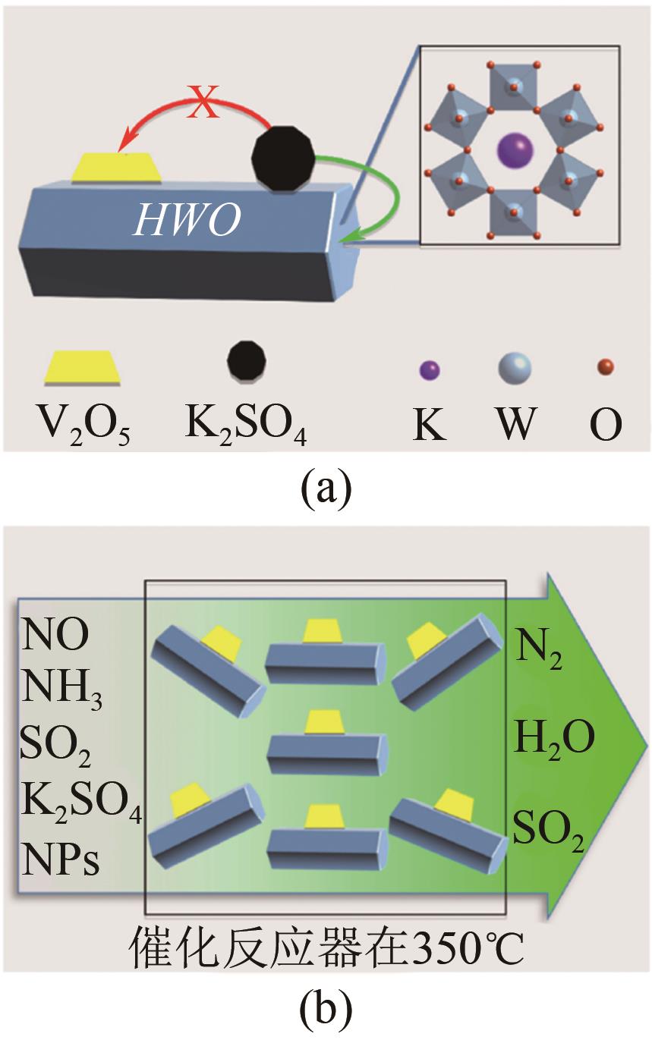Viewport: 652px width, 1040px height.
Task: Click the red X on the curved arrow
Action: click(x=203, y=104)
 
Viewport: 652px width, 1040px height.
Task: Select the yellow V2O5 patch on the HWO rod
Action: click(x=117, y=168)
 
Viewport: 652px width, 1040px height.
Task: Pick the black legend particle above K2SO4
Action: click(x=248, y=361)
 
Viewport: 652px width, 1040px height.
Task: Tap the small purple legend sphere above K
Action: click(x=430, y=371)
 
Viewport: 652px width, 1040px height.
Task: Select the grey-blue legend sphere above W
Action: click(x=515, y=369)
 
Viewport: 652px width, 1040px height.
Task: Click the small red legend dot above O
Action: click(x=605, y=367)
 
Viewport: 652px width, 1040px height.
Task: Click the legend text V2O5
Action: click(x=79, y=425)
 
